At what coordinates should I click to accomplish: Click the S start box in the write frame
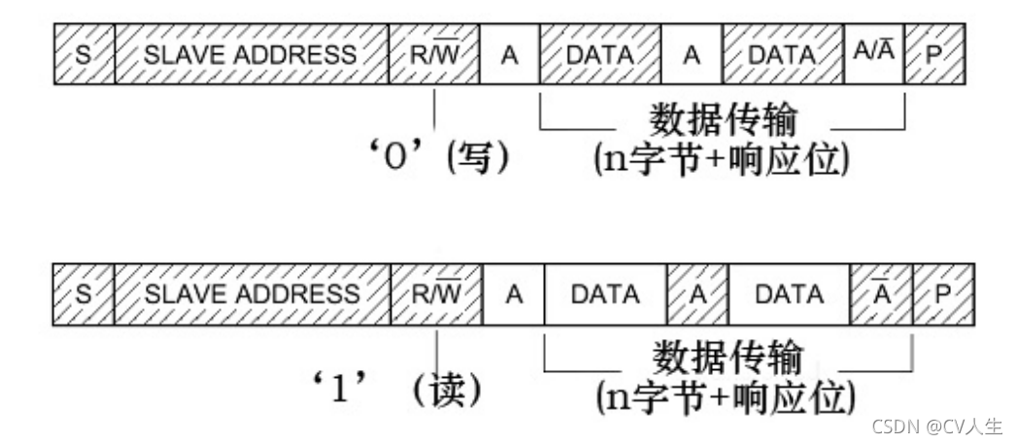[84, 54]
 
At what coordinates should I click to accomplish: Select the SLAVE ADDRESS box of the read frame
[252, 292]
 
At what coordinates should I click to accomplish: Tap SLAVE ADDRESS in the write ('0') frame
[251, 54]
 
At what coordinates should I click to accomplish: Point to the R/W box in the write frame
[434, 54]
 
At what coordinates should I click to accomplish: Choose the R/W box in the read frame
[437, 292]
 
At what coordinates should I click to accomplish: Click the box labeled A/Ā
[873, 54]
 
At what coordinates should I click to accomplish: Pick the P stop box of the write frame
[934, 54]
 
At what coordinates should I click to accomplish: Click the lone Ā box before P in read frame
[881, 292]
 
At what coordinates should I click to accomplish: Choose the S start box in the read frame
[84, 292]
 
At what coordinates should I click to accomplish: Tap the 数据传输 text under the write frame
[725, 120]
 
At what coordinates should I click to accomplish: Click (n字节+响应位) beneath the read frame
[725, 395]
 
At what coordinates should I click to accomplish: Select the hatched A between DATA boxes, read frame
[697, 292]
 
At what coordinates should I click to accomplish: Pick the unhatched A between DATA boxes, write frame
[691, 54]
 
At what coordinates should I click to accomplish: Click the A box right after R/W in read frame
[514, 292]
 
